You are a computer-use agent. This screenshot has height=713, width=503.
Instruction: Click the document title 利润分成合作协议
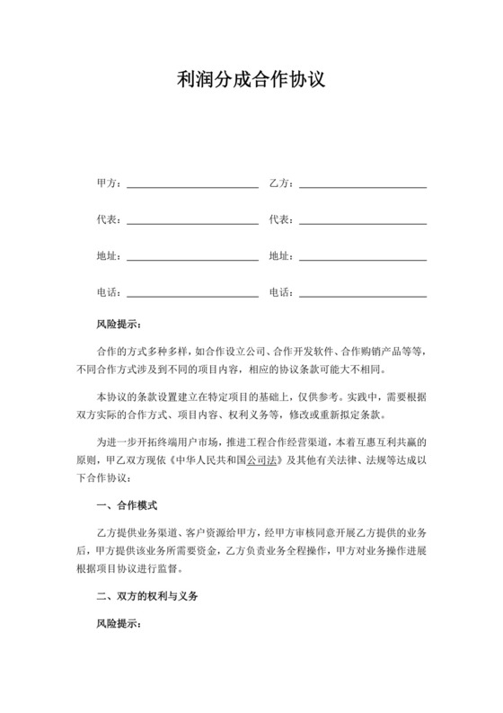coord(251,81)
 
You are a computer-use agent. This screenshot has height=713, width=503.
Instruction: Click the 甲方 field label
coord(108,184)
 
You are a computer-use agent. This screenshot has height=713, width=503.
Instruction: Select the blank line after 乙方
coord(363,185)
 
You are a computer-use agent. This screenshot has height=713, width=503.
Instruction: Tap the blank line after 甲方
coord(192,185)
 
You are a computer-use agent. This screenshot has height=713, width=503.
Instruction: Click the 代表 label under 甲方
coord(108,220)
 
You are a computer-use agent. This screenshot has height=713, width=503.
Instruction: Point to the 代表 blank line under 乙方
coord(363,221)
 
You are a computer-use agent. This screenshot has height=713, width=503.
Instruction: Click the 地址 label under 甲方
coord(108,256)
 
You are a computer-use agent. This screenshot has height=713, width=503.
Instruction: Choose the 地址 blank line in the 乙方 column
coord(363,257)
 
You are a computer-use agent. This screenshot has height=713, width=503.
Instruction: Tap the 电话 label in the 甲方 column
coord(108,292)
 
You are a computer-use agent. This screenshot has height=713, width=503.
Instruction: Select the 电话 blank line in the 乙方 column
coord(363,293)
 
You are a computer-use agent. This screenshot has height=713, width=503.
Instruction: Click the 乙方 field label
coord(281,184)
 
